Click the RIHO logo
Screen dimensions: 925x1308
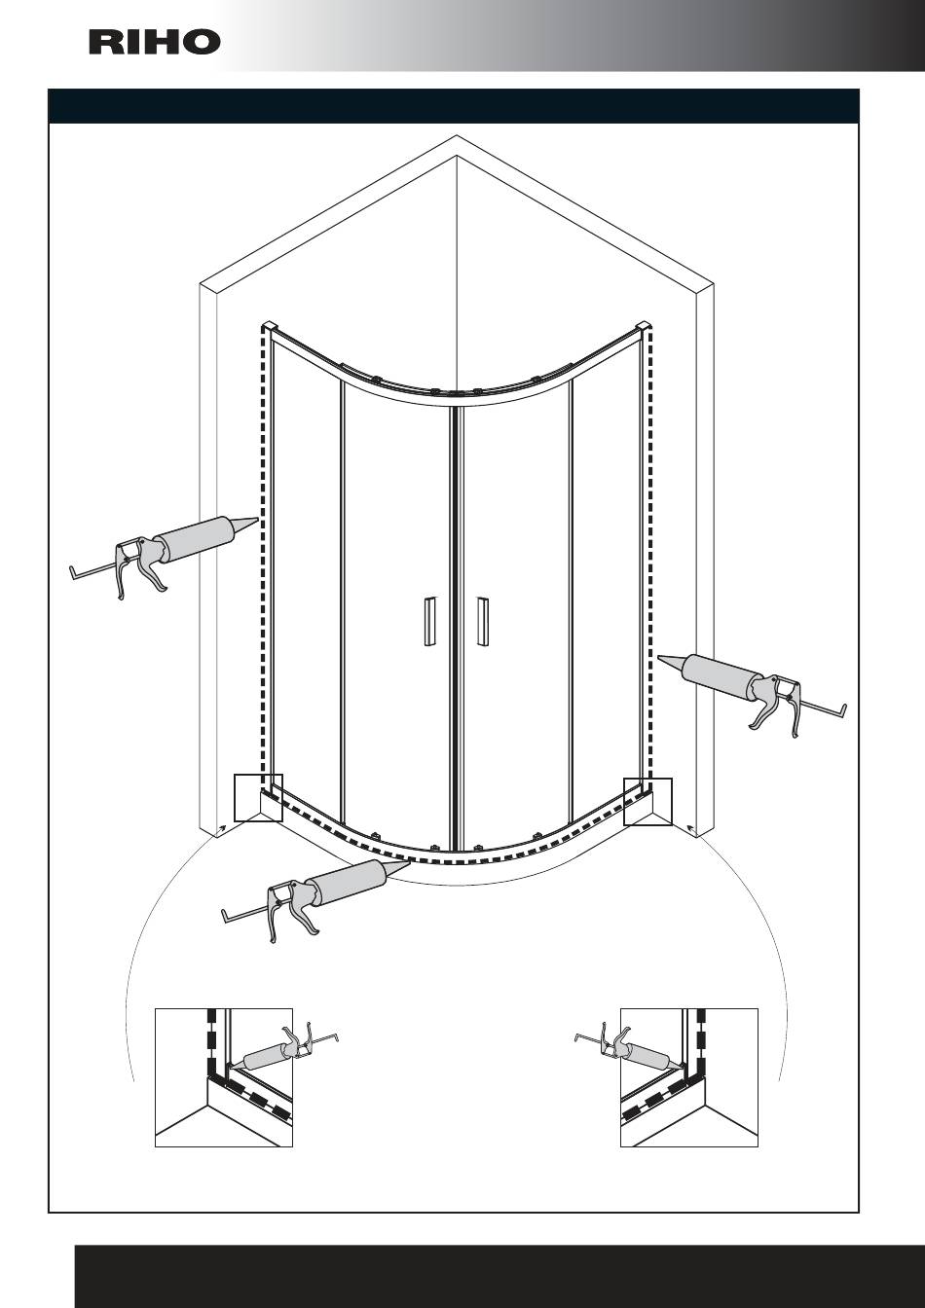click(x=155, y=43)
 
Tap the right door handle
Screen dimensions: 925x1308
click(x=482, y=621)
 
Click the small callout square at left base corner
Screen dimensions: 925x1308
click(x=258, y=798)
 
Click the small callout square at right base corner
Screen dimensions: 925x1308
click(x=647, y=802)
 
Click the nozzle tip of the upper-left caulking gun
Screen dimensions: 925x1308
click(x=258, y=519)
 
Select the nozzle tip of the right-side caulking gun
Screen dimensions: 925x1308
click(x=659, y=658)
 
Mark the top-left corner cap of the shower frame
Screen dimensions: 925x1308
click(x=269, y=325)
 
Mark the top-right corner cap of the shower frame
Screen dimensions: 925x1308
click(x=645, y=325)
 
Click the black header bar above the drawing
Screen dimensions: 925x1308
click(x=454, y=106)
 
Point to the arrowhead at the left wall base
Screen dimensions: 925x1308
click(x=222, y=827)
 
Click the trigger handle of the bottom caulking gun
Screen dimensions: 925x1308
click(x=306, y=921)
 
